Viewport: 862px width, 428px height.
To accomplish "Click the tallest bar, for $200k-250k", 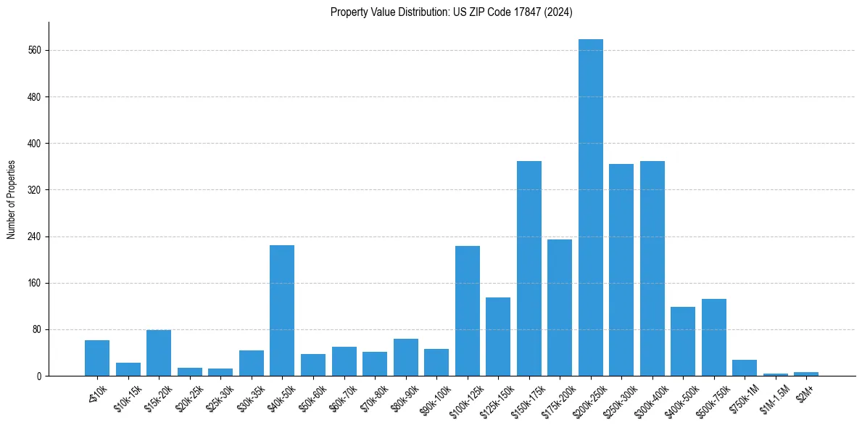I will pyautogui.click(x=590, y=207).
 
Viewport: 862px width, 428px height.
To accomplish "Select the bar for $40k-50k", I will pyautogui.click(x=281, y=310).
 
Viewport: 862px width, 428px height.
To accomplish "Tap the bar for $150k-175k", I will pyautogui.click(x=529, y=268).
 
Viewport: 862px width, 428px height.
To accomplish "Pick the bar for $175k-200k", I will pyautogui.click(x=559, y=308).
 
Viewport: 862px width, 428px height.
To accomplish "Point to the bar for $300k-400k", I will pyautogui.click(x=652, y=268).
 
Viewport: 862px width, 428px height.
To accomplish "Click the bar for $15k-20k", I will pyautogui.click(x=158, y=353).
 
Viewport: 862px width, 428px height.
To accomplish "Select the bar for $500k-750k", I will pyautogui.click(x=713, y=337).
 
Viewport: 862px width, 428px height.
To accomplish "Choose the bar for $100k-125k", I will pyautogui.click(x=467, y=310).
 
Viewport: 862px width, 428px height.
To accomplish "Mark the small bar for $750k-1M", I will pyautogui.click(x=745, y=368).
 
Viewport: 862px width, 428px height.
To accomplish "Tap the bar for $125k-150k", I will pyautogui.click(x=497, y=337).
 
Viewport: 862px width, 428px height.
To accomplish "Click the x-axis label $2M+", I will pyautogui.click(x=805, y=389).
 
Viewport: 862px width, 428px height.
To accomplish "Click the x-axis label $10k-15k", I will pyautogui.click(x=128, y=396).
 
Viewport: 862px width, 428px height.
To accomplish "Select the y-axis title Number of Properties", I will pyautogui.click(x=11, y=199).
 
